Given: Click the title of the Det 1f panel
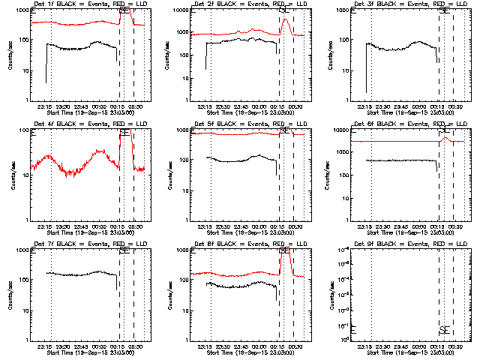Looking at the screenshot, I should [x=87, y=5].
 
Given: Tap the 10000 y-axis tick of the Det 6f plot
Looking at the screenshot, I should [x=342, y=130].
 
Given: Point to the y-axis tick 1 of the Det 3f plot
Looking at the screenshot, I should [x=347, y=100].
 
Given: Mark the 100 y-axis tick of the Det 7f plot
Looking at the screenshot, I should [x=22, y=280].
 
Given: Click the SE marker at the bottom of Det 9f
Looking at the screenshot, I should [x=444, y=330].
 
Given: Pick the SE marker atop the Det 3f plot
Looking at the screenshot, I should [x=444, y=11].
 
